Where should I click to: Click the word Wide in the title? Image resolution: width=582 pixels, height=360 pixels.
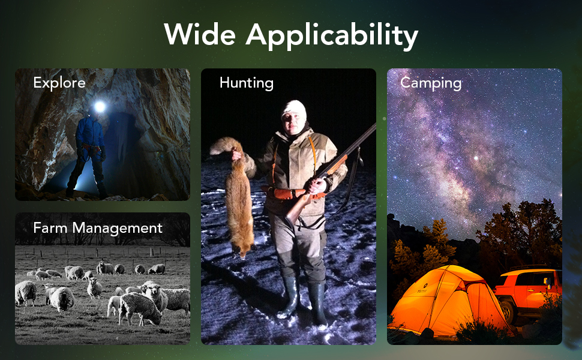coord(200,35)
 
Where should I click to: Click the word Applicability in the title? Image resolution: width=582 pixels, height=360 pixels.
coord(332,36)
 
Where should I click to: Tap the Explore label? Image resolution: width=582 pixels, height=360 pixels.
coord(59,83)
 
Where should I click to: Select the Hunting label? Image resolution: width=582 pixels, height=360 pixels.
coord(247,83)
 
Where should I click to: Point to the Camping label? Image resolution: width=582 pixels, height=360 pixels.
coord(431,83)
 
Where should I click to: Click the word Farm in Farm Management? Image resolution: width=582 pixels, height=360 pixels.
coord(50,227)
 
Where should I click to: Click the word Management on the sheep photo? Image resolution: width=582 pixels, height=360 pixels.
coord(117,228)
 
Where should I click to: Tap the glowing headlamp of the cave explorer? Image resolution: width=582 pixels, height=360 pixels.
coord(99,107)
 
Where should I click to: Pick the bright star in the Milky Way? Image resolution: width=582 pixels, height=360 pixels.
coord(476,158)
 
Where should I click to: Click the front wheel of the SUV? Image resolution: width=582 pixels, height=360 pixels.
coord(506,311)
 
